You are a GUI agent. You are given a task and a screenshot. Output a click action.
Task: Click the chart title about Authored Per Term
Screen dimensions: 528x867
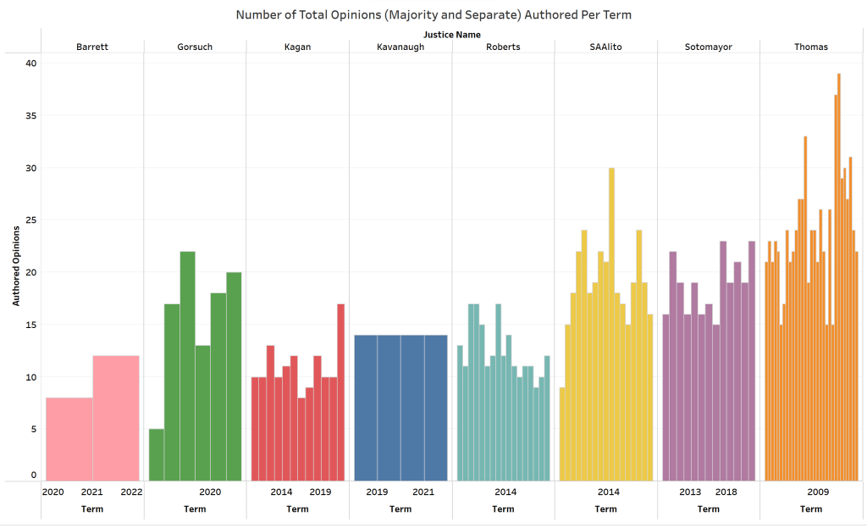click(433, 14)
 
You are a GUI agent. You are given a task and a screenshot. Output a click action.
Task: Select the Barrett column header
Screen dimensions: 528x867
click(92, 47)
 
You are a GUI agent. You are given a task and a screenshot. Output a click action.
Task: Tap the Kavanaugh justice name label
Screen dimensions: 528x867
click(400, 47)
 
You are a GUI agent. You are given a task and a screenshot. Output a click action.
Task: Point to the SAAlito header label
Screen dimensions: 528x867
click(605, 47)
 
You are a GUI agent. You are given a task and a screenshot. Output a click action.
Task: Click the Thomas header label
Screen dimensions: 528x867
click(811, 47)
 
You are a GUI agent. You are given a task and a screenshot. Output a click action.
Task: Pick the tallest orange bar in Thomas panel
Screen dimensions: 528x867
click(838, 280)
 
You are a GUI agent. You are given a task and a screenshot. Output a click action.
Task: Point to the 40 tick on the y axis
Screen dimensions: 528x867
click(31, 63)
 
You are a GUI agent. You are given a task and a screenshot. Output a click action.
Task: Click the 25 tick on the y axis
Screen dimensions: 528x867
click(31, 220)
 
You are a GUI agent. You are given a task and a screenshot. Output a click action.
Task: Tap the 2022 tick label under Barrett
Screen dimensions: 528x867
click(131, 492)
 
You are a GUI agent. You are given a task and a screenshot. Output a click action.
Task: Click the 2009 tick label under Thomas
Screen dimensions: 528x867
click(818, 492)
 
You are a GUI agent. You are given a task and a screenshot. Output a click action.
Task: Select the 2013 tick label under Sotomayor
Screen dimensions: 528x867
click(690, 492)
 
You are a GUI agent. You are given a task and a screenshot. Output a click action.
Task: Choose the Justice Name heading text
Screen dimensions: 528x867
click(452, 35)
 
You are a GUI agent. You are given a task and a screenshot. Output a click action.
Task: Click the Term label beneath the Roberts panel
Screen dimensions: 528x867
click(503, 509)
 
